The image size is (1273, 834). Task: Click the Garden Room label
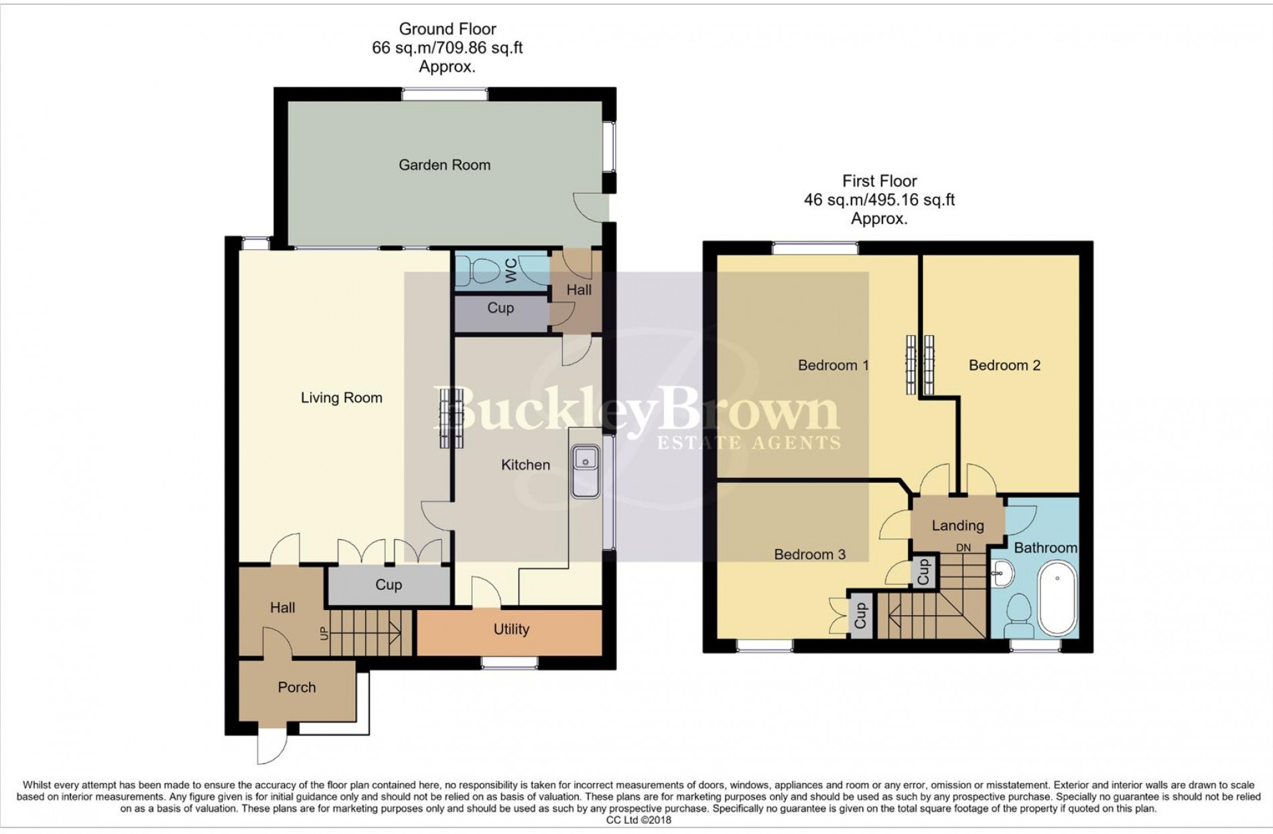coord(444,165)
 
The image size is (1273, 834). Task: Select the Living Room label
coord(341,398)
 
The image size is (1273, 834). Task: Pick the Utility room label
coord(511,630)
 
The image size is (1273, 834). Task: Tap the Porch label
coord(296,687)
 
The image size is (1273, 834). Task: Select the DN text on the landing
coord(963,548)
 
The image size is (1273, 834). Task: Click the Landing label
coord(957,526)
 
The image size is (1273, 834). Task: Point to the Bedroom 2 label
coord(1004,365)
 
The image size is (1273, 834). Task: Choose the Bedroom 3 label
coord(809,554)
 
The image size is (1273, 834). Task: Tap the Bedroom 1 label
coord(833,365)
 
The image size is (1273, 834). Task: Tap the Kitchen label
coord(525,465)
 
